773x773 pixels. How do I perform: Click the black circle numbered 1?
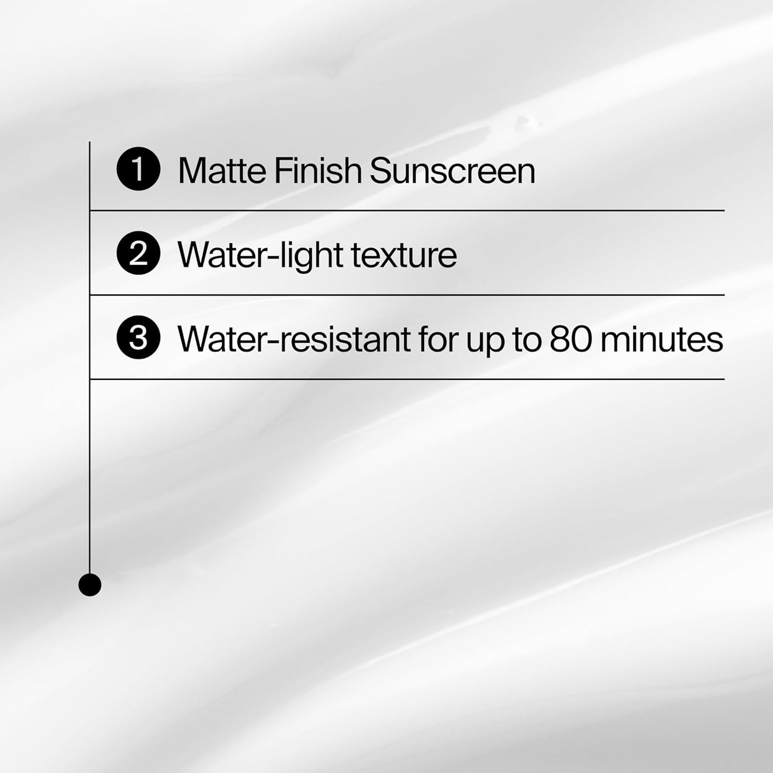tap(138, 170)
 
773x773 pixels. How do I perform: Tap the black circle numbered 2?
tap(138, 254)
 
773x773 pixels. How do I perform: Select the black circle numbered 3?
tap(138, 338)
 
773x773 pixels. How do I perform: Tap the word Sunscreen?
tap(452, 171)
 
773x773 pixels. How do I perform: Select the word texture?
tap(404, 255)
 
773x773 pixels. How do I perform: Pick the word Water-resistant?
tap(294, 339)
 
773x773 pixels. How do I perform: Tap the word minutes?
tap(661, 339)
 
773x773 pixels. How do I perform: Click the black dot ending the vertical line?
tap(90, 585)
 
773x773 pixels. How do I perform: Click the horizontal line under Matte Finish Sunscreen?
tap(407, 211)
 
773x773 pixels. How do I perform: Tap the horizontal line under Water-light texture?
tap(407, 295)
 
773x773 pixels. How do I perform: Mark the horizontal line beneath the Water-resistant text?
tap(407, 379)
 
